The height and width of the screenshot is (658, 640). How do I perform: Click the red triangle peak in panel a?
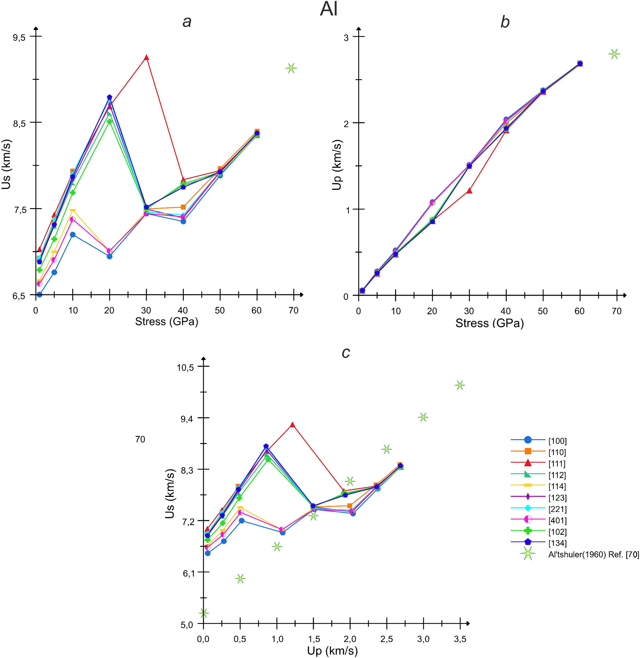[146, 57]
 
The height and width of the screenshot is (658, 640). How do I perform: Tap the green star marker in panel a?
[291, 68]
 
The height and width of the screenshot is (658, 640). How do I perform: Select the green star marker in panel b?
[614, 54]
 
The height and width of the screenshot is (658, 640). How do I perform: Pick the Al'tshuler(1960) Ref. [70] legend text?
[593, 554]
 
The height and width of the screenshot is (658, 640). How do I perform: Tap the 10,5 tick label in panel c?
[185, 367]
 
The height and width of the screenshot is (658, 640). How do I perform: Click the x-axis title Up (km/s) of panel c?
[332, 651]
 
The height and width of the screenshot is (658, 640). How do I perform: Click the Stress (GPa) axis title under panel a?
[167, 322]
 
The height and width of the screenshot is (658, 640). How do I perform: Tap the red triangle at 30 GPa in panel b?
[469, 191]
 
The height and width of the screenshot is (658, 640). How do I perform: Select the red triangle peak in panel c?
[292, 425]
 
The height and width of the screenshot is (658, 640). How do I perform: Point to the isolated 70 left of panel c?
[140, 439]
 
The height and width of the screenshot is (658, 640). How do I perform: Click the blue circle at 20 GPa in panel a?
[109, 256]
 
